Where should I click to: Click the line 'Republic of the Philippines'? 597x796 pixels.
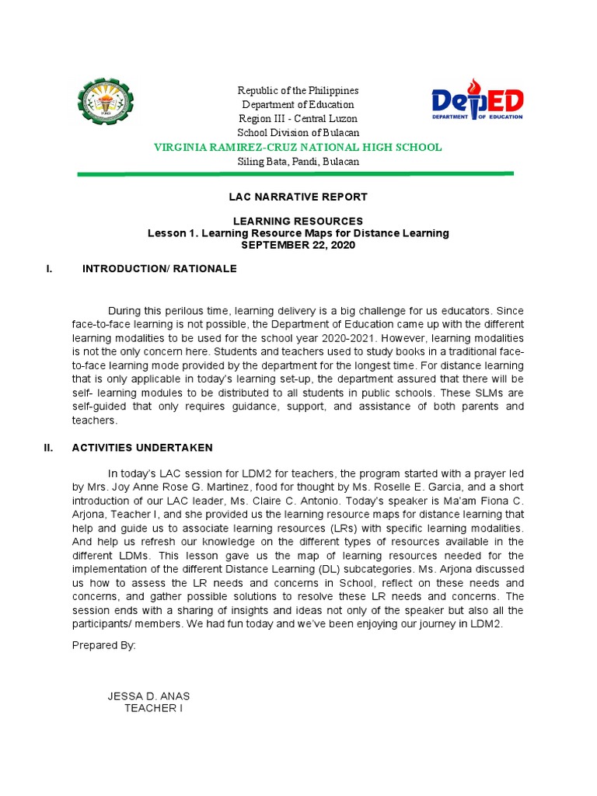point(298,91)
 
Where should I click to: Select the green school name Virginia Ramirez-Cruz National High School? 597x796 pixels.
point(298,147)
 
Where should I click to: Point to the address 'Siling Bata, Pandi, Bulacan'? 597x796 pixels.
point(298,162)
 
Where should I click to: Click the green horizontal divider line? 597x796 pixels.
point(295,174)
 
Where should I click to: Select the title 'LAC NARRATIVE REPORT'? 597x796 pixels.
point(298,197)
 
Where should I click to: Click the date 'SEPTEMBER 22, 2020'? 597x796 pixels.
point(298,245)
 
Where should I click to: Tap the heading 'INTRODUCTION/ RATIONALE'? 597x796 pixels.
point(159,269)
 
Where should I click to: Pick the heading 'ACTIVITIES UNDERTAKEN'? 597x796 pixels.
point(141,448)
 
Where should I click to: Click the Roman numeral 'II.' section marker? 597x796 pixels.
point(48,448)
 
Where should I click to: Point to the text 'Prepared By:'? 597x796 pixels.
point(103,645)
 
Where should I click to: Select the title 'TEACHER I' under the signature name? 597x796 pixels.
point(153,709)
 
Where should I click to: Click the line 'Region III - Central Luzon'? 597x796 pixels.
point(298,119)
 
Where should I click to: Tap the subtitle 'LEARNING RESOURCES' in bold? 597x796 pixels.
point(298,222)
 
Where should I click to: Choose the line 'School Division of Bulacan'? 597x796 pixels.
point(298,133)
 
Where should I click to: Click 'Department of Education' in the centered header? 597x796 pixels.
point(298,105)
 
